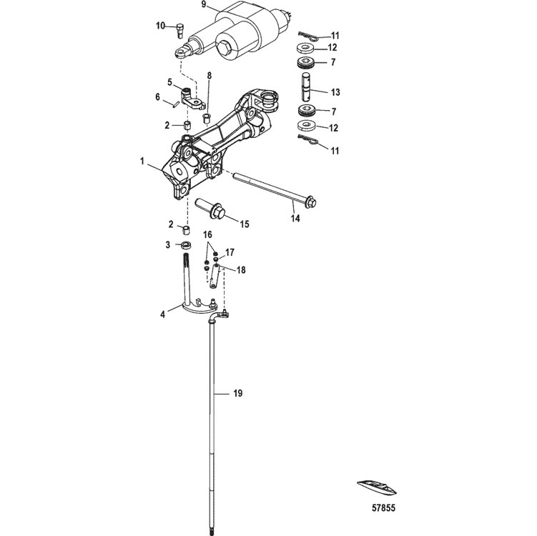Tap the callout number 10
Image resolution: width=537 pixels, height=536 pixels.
click(161, 26)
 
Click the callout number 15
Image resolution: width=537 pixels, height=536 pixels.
click(244, 224)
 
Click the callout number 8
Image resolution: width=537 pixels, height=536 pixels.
click(210, 74)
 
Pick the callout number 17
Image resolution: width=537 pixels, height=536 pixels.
click(230, 252)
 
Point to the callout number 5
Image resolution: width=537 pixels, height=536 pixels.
click(169, 81)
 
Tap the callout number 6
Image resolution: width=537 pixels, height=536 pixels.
click(159, 97)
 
